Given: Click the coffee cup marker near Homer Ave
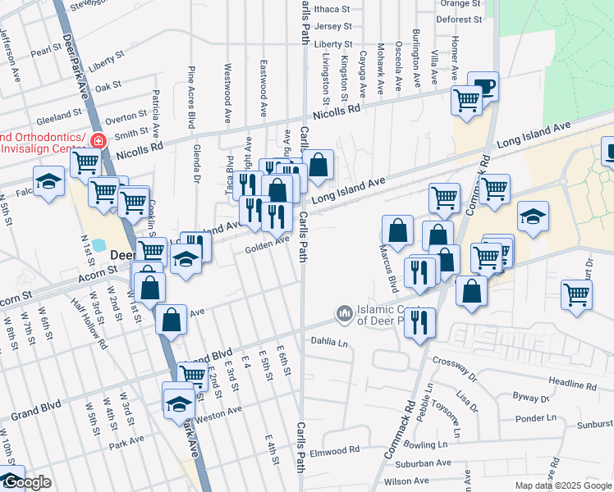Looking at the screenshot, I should tap(483, 86).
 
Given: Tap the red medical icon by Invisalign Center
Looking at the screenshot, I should tap(98, 140).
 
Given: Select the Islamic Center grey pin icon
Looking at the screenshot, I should tap(344, 313).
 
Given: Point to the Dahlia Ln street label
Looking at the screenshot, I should tap(329, 340).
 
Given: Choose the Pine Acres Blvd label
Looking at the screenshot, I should tap(191, 98).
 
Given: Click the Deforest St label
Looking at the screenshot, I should tap(459, 19).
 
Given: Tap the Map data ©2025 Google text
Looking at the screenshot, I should tap(563, 485).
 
